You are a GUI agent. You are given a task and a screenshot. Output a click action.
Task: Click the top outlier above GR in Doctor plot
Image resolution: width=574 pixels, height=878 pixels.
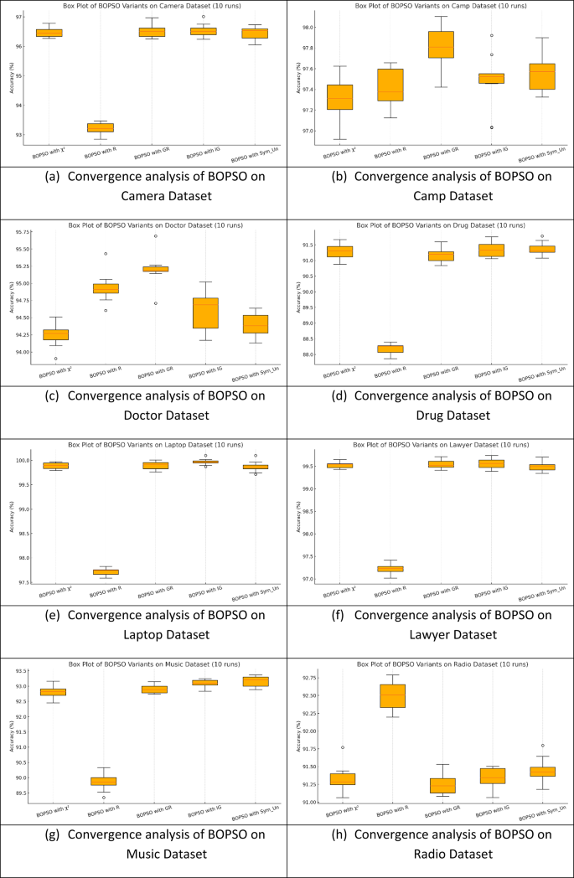coord(155,236)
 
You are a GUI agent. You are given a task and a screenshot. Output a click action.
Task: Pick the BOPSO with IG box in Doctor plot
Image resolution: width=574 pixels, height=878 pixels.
coord(205,312)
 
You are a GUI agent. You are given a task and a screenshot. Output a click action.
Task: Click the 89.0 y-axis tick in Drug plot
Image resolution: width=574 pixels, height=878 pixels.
coord(308,323)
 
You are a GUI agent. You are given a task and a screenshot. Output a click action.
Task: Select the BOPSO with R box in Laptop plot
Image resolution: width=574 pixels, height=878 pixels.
coord(106,571)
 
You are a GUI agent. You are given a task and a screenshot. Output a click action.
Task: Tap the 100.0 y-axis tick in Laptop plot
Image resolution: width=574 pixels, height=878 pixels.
coord(23,461)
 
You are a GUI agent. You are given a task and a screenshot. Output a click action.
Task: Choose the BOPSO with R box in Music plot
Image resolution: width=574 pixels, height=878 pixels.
coord(104,781)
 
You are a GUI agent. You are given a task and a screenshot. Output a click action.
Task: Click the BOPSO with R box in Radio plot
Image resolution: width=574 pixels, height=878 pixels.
coord(392,695)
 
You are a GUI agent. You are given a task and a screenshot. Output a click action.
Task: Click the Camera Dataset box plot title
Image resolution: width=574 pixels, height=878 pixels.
coord(143,6)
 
